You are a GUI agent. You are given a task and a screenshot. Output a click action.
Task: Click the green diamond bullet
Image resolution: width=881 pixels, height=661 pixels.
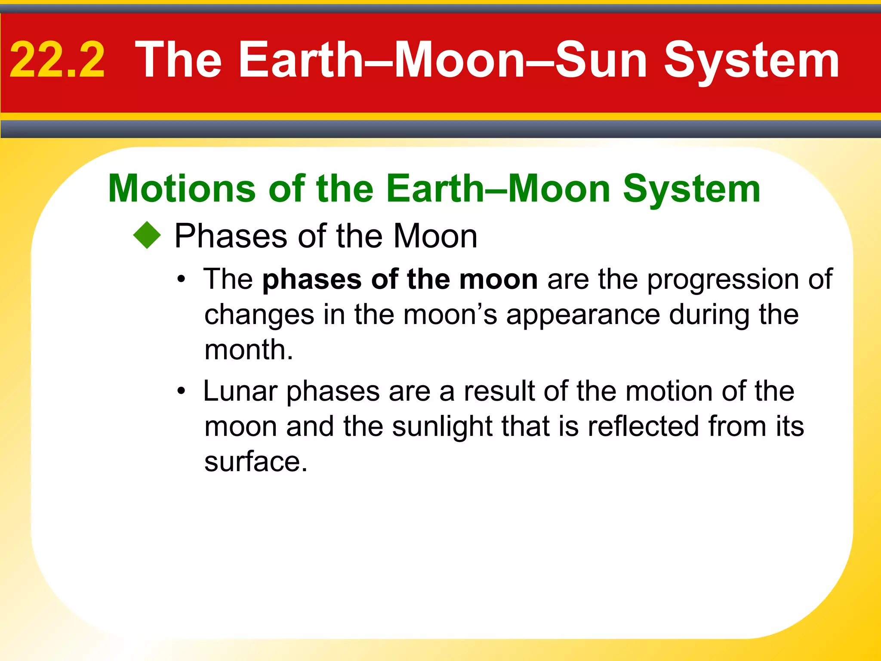(147, 235)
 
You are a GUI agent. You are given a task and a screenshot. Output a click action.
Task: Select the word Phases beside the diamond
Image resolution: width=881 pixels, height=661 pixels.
(231, 237)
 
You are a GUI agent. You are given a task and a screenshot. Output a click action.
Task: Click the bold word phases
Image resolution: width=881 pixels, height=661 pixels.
(312, 280)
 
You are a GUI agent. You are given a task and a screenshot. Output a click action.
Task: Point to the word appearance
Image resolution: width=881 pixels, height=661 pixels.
(582, 315)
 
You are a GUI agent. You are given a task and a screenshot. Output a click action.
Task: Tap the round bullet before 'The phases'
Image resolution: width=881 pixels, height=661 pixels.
(182, 280)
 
